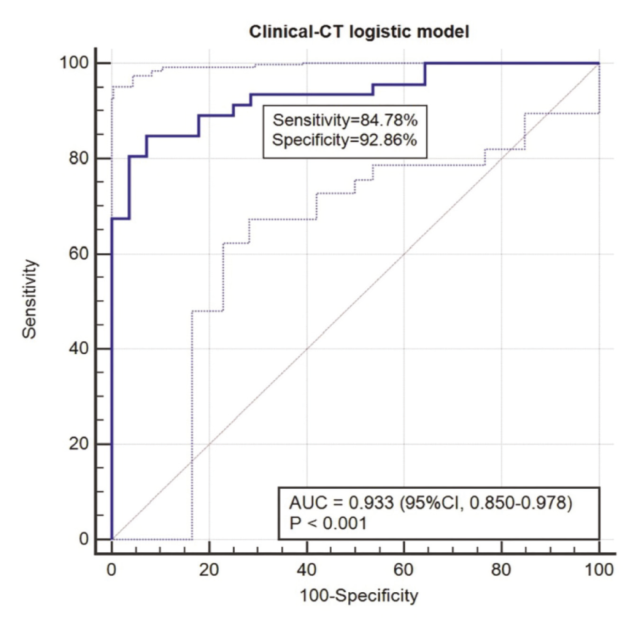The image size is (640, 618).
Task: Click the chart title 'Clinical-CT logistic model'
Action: pyautogui.click(x=359, y=32)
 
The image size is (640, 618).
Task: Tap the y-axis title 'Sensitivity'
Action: pyautogui.click(x=29, y=299)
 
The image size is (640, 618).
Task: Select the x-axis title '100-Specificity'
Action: pyautogui.click(x=359, y=595)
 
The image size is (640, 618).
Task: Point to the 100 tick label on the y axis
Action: pyautogui.click(x=74, y=63)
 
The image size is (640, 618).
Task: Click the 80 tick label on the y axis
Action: pyautogui.click(x=79, y=158)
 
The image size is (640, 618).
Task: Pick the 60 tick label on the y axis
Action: pyautogui.click(x=79, y=254)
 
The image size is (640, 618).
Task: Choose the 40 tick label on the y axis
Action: pyautogui.click(x=79, y=349)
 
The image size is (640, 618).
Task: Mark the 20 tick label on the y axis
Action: pyautogui.click(x=79, y=444)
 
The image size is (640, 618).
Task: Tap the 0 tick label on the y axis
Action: pyautogui.click(x=84, y=539)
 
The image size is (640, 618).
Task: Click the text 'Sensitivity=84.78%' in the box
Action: pyautogui.click(x=345, y=120)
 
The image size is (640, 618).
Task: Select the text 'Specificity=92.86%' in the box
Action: pyautogui.click(x=345, y=140)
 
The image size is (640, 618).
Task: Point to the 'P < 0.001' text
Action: pyautogui.click(x=328, y=523)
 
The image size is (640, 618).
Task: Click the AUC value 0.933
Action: pyautogui.click(x=371, y=503)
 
